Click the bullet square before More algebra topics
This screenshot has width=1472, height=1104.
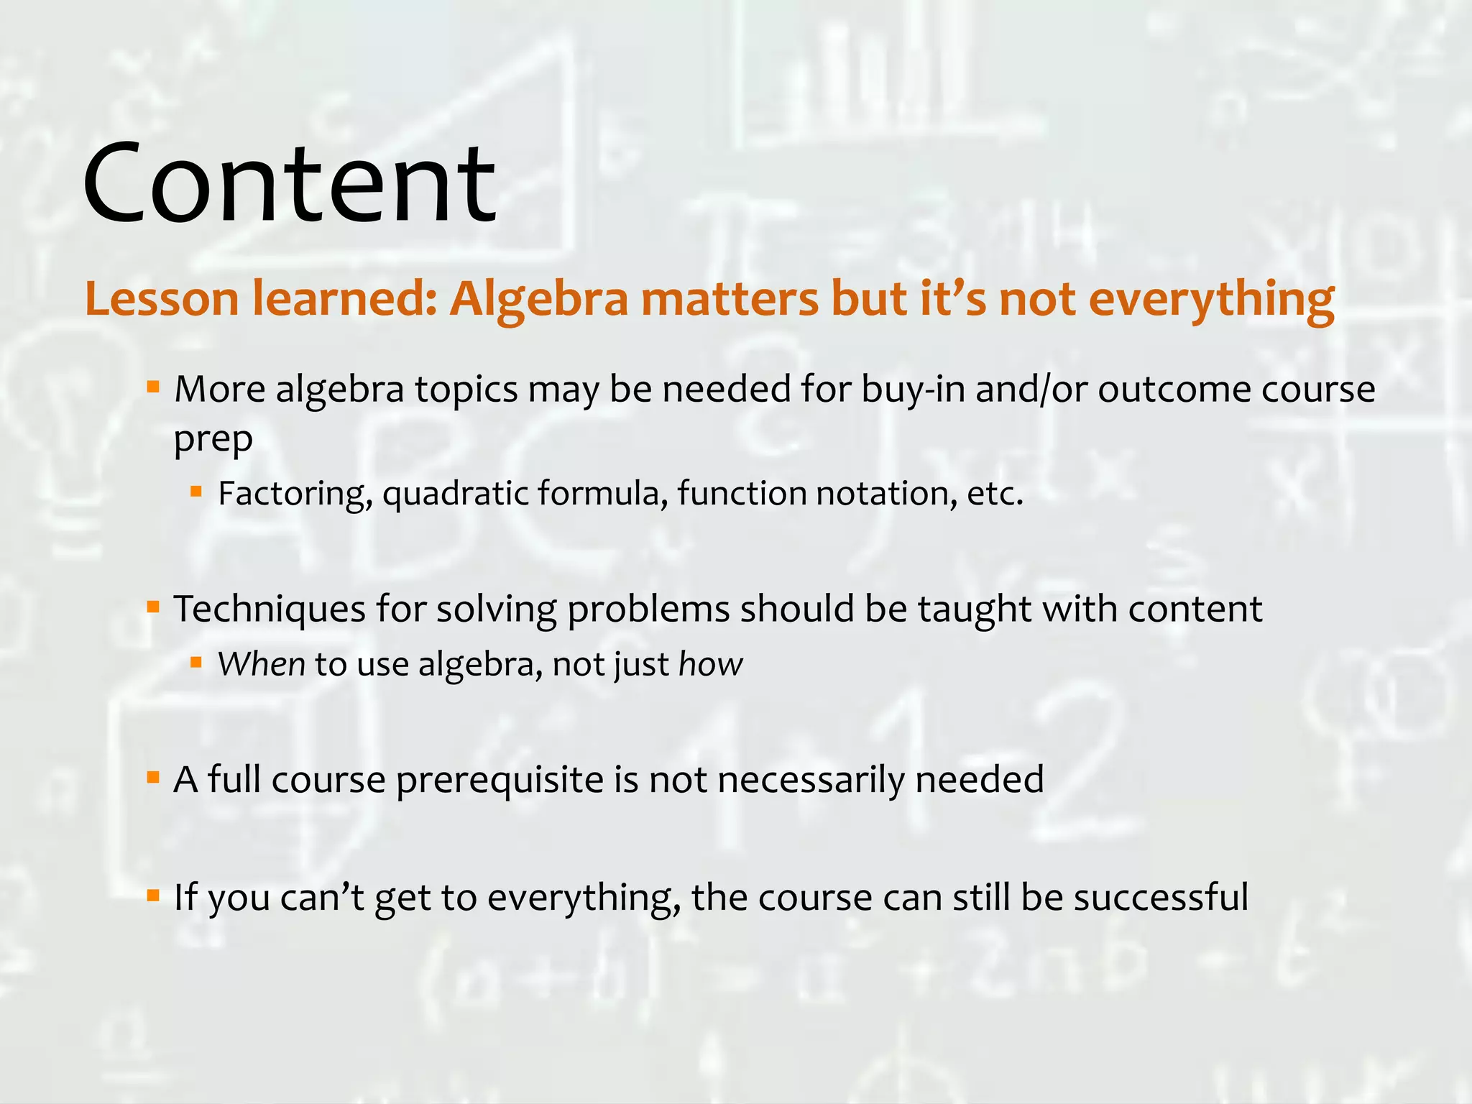coord(152,388)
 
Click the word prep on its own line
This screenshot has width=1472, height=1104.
coord(213,439)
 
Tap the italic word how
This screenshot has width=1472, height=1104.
coord(710,663)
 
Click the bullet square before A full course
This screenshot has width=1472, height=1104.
coord(152,777)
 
